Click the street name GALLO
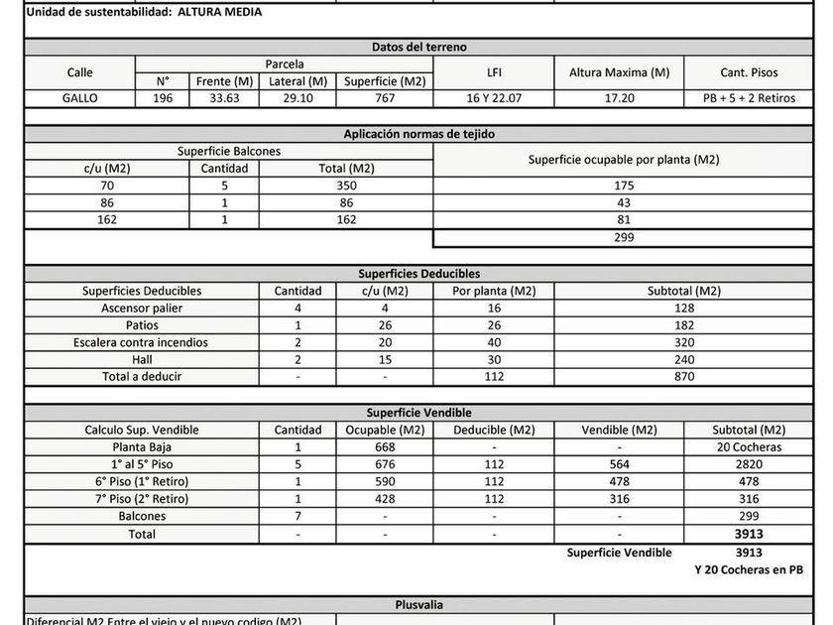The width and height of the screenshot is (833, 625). (79, 98)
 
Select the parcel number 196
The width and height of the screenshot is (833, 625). (163, 98)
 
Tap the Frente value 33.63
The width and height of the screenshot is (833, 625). (225, 98)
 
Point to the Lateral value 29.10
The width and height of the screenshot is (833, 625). (297, 98)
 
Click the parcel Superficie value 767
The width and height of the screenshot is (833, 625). (385, 98)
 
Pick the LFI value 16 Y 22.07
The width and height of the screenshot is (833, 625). (493, 98)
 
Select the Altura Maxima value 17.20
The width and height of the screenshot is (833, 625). (619, 98)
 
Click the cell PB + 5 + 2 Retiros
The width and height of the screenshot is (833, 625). (749, 98)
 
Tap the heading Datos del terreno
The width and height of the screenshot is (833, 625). (419, 47)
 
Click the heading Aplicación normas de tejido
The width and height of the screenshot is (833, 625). (419, 134)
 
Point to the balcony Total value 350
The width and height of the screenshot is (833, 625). (346, 186)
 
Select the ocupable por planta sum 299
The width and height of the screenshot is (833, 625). (624, 238)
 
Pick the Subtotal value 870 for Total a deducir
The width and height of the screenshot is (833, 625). (684, 377)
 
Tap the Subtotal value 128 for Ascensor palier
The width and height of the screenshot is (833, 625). (684, 308)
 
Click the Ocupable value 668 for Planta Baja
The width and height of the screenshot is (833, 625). (385, 446)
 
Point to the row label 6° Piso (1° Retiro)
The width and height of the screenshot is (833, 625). (141, 481)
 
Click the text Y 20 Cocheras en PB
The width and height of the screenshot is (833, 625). (749, 569)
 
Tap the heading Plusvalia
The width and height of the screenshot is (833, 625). (419, 604)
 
